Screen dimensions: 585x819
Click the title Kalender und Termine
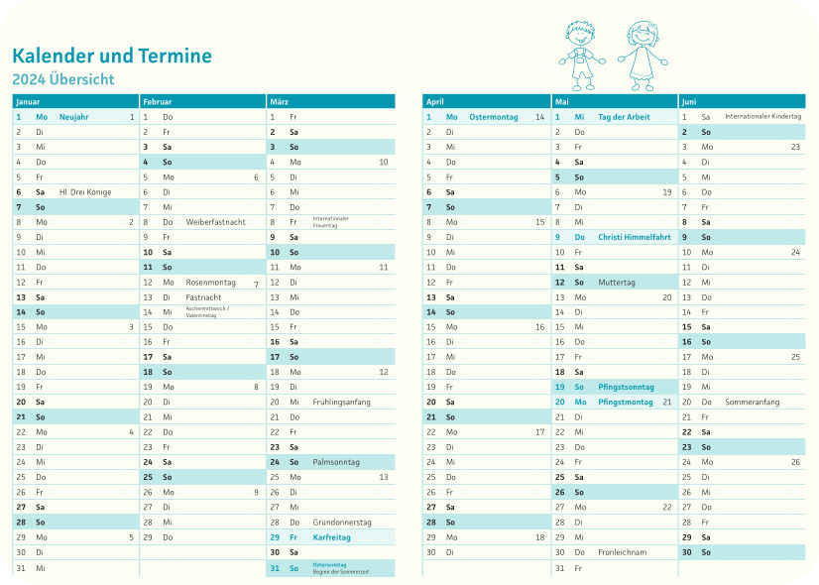(x=112, y=56)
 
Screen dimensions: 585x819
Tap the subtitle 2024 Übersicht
(x=63, y=79)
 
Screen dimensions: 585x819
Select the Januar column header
(x=28, y=101)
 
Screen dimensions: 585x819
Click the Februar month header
(x=157, y=101)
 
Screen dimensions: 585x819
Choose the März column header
(x=279, y=101)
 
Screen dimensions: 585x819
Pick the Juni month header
(x=689, y=101)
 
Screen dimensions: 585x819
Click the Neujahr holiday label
(x=74, y=117)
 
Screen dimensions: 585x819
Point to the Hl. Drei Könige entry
(x=85, y=191)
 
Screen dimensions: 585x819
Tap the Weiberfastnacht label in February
(x=215, y=222)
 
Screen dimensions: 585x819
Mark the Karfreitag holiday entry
(x=331, y=536)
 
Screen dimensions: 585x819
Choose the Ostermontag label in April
(x=494, y=117)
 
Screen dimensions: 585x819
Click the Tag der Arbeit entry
(x=624, y=117)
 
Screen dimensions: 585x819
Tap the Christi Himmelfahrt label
(x=635, y=237)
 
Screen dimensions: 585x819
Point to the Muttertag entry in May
(x=617, y=282)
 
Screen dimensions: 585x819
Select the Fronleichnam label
(x=623, y=551)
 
